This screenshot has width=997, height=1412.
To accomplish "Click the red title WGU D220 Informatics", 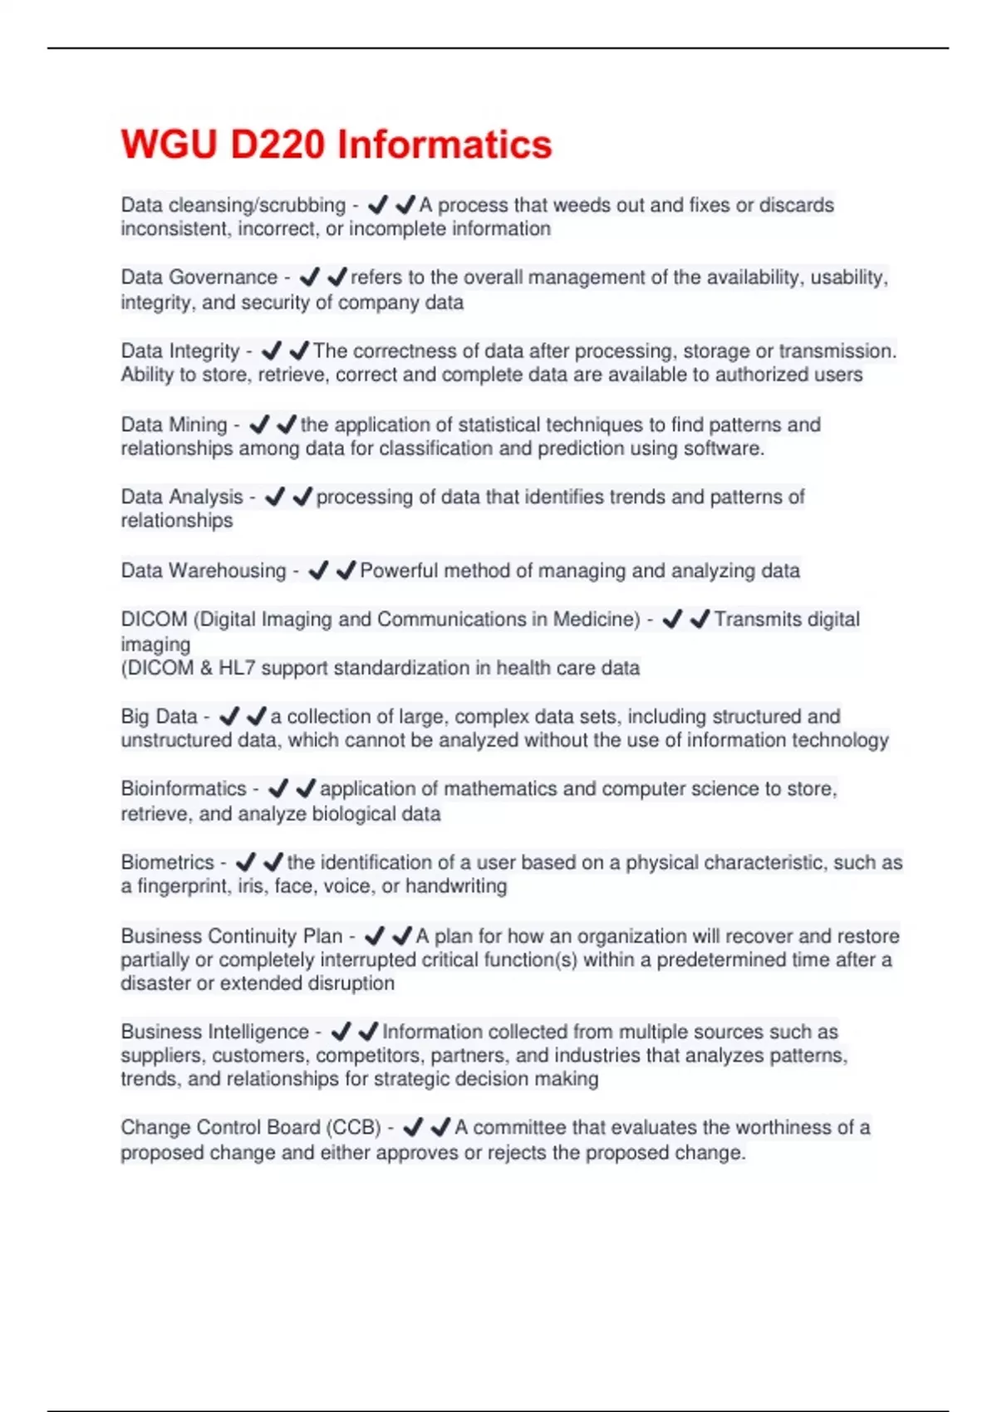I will pyautogui.click(x=336, y=145).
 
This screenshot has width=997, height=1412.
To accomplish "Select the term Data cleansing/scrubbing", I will pyautogui.click(x=233, y=205).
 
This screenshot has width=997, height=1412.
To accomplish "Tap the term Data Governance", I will pyautogui.click(x=199, y=277).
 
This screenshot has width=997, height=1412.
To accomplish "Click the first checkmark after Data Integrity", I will pyautogui.click(x=271, y=351).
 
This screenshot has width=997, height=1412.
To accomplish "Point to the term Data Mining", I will pyautogui.click(x=174, y=424).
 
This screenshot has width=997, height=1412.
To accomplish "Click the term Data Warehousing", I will pyautogui.click(x=203, y=571).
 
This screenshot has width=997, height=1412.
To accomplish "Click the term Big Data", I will pyautogui.click(x=159, y=716).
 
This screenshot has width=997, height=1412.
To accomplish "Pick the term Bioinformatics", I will pyautogui.click(x=184, y=789).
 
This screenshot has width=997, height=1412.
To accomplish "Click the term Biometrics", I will pyautogui.click(x=167, y=862).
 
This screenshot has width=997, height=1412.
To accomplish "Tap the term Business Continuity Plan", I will pyautogui.click(x=231, y=936).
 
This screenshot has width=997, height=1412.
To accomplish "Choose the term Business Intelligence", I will pyautogui.click(x=214, y=1032).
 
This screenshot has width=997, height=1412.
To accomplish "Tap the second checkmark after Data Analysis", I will pyautogui.click(x=302, y=497).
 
